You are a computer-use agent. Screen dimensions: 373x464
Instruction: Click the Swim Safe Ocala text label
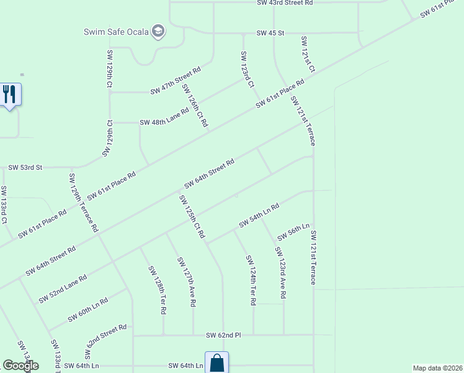click(117, 32)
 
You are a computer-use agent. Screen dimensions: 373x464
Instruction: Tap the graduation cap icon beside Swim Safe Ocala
click(158, 32)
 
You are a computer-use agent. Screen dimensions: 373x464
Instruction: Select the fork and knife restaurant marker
click(9, 94)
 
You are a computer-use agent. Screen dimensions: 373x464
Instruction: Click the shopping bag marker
click(216, 363)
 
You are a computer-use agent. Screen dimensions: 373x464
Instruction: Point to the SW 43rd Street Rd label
click(285, 3)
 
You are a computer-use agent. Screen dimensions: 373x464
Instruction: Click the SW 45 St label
click(270, 33)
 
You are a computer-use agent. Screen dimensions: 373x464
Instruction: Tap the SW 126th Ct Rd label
click(194, 106)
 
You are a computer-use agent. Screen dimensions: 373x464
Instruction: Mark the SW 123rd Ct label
click(247, 69)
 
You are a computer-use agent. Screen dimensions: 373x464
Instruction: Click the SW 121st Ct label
click(308, 54)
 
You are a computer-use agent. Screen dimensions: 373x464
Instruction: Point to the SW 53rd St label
click(25, 168)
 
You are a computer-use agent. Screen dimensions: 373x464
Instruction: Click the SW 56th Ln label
click(293, 232)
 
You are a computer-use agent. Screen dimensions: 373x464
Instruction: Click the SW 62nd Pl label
click(223, 336)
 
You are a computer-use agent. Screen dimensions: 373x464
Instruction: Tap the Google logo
click(20, 366)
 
